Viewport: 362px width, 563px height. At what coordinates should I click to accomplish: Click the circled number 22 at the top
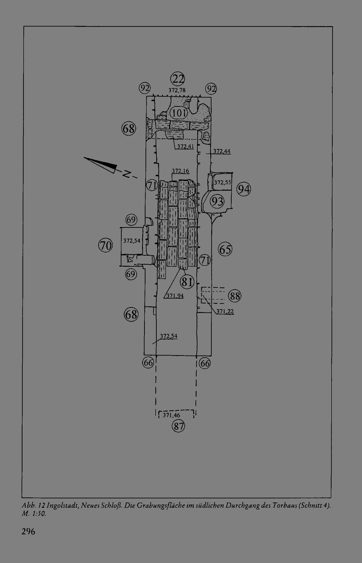(178, 79)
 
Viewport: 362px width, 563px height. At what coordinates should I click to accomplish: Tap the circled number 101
(179, 113)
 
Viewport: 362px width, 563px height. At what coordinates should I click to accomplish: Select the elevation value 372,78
(177, 90)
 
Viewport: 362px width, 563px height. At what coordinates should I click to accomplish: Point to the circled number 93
(217, 201)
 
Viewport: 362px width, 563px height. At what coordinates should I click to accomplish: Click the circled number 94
(244, 189)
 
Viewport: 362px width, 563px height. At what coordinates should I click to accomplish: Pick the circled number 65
(225, 249)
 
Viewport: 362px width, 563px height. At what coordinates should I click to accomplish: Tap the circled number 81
(187, 282)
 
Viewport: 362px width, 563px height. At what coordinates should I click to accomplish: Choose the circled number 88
(235, 296)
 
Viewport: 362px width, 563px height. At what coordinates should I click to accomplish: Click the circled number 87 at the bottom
(178, 426)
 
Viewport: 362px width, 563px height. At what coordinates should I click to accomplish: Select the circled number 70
(105, 245)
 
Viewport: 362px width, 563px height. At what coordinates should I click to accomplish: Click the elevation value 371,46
(171, 415)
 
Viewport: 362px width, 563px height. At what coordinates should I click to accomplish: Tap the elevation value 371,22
(225, 311)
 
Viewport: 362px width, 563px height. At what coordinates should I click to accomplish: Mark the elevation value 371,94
(175, 295)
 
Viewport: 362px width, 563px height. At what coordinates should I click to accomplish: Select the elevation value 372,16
(180, 171)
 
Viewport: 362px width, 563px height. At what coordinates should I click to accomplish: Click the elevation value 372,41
(185, 146)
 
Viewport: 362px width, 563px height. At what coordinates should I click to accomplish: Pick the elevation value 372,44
(222, 151)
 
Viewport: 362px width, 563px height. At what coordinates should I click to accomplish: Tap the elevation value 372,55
(222, 182)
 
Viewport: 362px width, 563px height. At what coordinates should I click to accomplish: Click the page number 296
(28, 532)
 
